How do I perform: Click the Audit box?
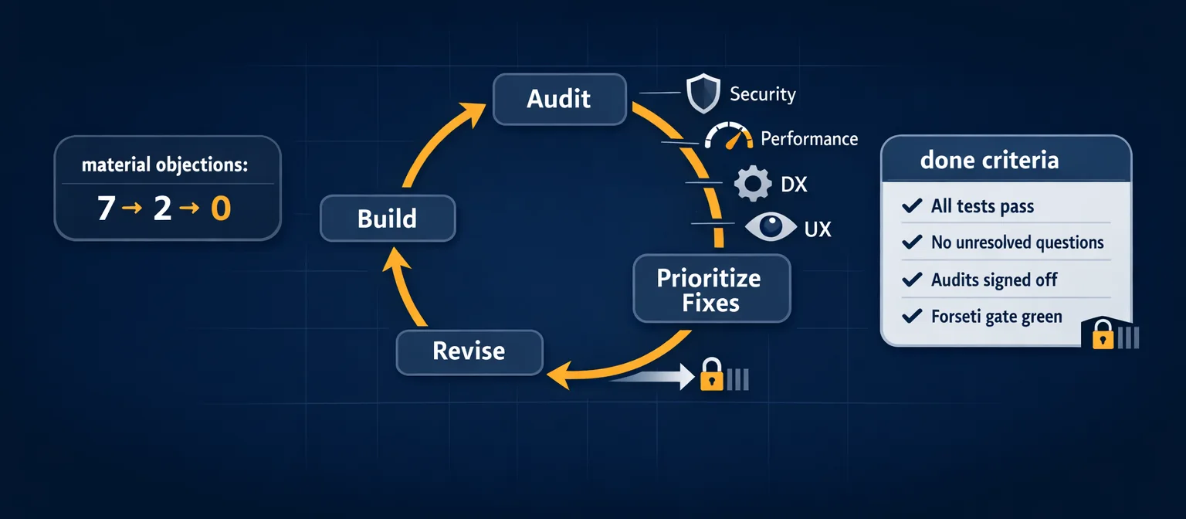pos(559,99)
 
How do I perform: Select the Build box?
pos(388,219)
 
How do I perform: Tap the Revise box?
pos(469,351)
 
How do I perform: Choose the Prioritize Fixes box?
pos(710,290)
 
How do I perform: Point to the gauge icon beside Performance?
pos(729,137)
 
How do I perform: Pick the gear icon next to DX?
pos(751,184)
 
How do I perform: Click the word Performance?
pos(809,139)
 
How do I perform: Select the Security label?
pos(763,95)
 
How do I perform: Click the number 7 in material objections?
pos(106,209)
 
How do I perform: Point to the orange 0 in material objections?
pos(221,209)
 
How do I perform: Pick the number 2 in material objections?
pos(162,209)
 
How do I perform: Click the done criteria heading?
pos(989,161)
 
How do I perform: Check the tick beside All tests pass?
pos(912,206)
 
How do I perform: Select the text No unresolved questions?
pos(1017,243)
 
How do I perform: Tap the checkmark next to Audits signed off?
pos(912,280)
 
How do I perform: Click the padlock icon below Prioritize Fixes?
pos(710,375)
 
